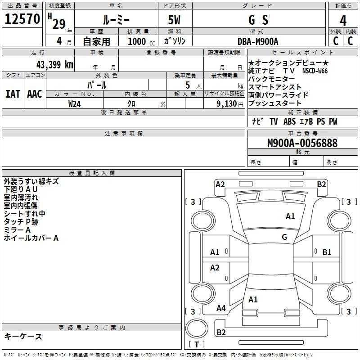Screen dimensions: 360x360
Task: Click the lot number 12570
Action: pos(22,19)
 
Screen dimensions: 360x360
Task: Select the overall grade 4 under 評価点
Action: pos(343,21)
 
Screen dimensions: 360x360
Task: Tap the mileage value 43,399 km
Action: pos(55,65)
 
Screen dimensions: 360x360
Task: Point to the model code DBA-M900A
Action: pos(258,41)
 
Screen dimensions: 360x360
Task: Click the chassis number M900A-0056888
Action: pos(302,143)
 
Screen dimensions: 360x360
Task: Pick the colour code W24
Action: pos(74,104)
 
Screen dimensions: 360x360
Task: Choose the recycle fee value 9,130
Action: pos(227,104)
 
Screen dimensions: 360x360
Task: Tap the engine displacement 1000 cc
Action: pos(141,41)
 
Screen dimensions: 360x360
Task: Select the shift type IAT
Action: pos(13,94)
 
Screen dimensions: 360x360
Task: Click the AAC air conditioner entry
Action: pos(35,94)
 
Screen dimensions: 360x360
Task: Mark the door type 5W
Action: pos(174,20)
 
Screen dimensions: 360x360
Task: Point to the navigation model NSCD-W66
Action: pos(315,71)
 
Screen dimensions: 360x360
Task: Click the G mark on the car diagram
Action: pos(284,237)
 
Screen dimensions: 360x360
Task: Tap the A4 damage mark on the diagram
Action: pos(221,308)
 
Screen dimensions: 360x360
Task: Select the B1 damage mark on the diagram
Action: pos(327,252)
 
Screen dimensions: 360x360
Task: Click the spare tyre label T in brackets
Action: pos(197,344)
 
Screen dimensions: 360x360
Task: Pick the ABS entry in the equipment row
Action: pos(289,121)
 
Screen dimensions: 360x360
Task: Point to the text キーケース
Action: pos(23,336)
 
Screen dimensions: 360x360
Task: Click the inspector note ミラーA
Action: pos(17,230)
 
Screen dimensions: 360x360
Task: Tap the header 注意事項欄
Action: pos(123,133)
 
